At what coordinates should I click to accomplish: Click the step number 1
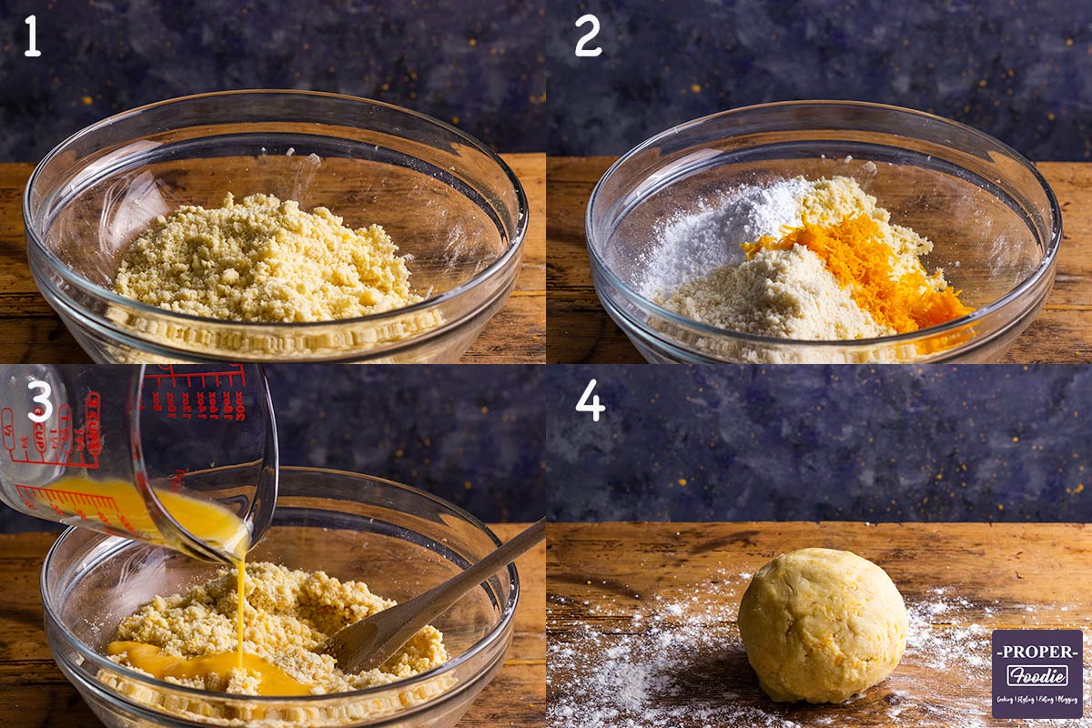click(x=32, y=36)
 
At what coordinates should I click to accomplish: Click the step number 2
click(x=588, y=36)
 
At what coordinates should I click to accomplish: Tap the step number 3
click(x=39, y=401)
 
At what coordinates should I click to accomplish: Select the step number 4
click(x=590, y=400)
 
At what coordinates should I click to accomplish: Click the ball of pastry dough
click(x=822, y=624)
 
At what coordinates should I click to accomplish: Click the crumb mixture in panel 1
click(x=264, y=259)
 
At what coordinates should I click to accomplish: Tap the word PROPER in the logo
click(x=1036, y=652)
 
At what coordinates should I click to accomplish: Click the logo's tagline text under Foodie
click(x=1036, y=697)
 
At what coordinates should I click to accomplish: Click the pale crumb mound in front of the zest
click(x=773, y=300)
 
